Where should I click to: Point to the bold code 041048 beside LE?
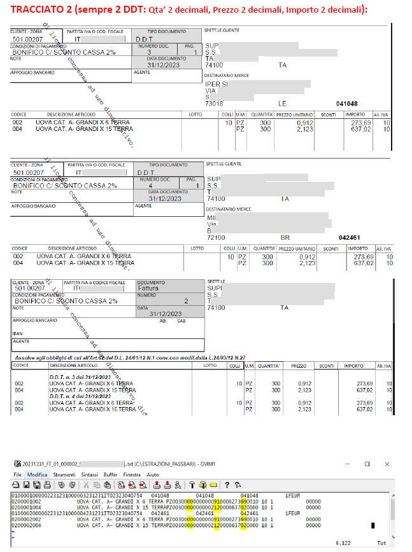pyautogui.click(x=347, y=103)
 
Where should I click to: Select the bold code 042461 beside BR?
pyautogui.click(x=349, y=237)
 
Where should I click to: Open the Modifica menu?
pyautogui.click(x=37, y=474)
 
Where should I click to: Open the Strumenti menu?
pyautogui.click(x=64, y=474)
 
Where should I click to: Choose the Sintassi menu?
pyautogui.click(x=90, y=474)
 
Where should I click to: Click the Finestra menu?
pyautogui.click(x=132, y=474)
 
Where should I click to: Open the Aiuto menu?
pyautogui.click(x=153, y=474)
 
